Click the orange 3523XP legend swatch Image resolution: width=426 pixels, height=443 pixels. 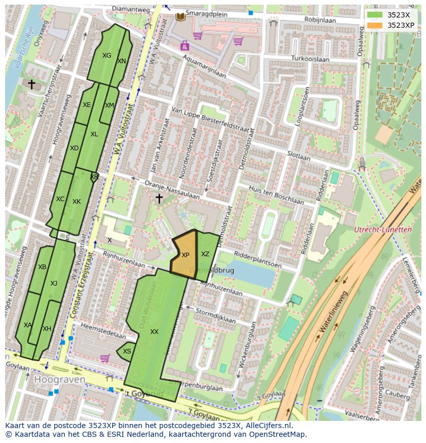[x=375, y=25]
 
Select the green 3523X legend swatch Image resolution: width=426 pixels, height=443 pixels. [x=375, y=15]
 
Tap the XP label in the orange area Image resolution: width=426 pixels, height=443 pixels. [x=185, y=255]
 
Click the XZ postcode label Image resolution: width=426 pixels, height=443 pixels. [x=205, y=254]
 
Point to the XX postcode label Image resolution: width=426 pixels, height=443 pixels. [x=154, y=332]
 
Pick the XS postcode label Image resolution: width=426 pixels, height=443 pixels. [x=127, y=351]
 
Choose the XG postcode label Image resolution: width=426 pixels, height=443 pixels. [x=106, y=56]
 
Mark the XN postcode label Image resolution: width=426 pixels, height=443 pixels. [x=121, y=61]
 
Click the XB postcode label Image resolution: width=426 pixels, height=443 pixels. [x=42, y=267]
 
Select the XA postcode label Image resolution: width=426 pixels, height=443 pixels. [x=27, y=325]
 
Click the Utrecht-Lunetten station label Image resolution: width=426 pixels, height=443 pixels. [x=383, y=230]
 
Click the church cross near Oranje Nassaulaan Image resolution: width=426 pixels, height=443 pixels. [x=159, y=198]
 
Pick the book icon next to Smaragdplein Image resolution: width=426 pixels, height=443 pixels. [x=180, y=17]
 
